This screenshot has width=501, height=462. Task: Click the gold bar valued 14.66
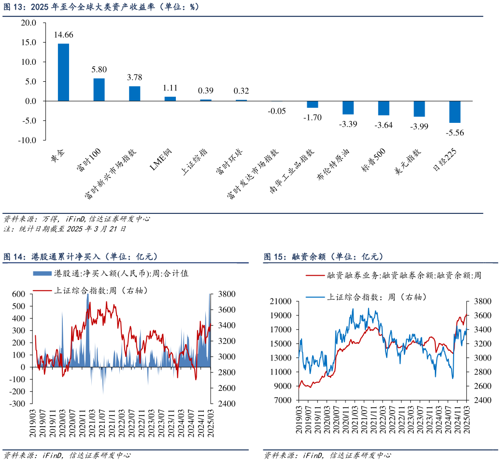coord(63,72)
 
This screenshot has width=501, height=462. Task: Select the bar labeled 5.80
coord(99,89)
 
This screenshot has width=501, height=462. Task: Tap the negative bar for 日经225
coord(455,112)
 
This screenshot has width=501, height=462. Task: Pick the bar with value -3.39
coord(348,107)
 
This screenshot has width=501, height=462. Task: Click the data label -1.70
coord(312,118)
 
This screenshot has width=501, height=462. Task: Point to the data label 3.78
coord(134,77)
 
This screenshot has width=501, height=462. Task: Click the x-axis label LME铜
coord(161,160)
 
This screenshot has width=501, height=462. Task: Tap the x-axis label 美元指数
coord(408,163)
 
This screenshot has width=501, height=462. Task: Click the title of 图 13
coord(101,7)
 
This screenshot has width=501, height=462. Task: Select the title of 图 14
coord(80,256)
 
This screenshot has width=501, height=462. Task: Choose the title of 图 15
coord(323,256)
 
